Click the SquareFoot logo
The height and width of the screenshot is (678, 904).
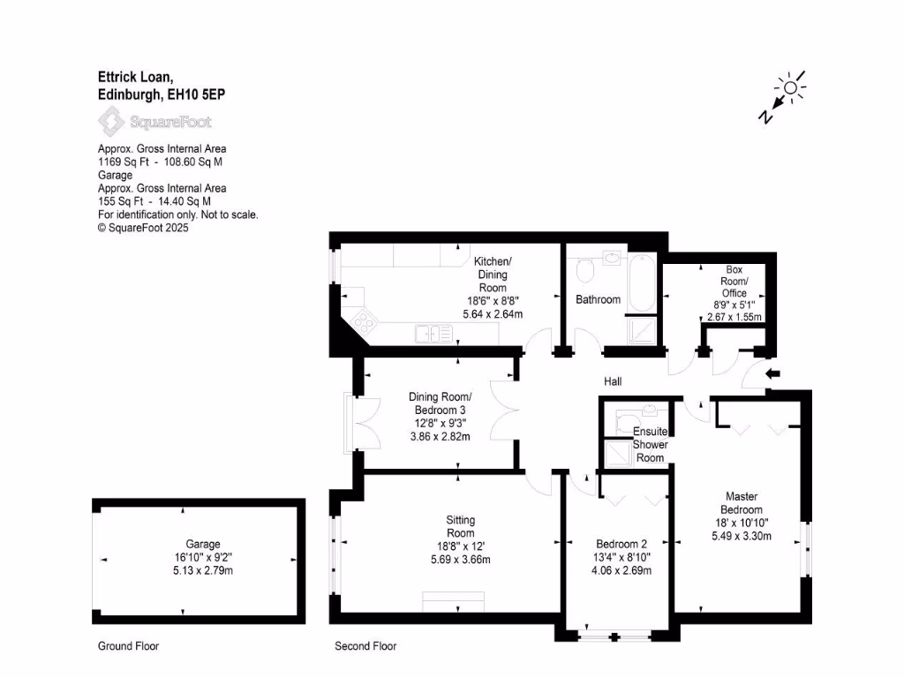(x=154, y=121)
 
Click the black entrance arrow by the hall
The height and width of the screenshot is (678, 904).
(x=773, y=373)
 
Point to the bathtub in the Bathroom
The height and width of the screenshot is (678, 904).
(x=640, y=283)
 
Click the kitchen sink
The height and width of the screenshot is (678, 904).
(x=433, y=334)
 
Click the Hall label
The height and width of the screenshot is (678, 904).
(x=613, y=381)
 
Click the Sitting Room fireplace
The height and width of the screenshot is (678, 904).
(x=453, y=603)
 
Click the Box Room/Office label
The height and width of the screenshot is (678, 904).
(x=734, y=281)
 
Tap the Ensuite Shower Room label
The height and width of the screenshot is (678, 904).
(x=650, y=444)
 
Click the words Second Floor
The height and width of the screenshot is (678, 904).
(x=365, y=646)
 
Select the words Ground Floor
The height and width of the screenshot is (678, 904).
(x=128, y=646)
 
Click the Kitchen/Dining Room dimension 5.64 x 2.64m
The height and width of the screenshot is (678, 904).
(x=493, y=313)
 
